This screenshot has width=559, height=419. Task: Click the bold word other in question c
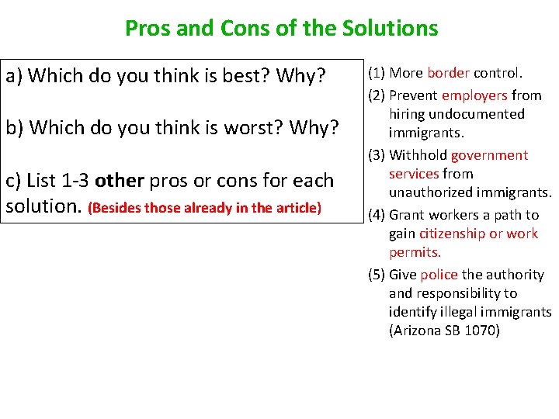[119, 181]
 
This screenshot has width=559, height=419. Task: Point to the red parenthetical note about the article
[205, 208]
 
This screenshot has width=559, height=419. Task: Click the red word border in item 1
[448, 73]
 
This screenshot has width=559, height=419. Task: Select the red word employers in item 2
[474, 95]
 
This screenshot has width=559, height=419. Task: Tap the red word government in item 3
[489, 155]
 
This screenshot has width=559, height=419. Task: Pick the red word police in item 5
[439, 275]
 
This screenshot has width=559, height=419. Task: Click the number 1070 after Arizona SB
[484, 331]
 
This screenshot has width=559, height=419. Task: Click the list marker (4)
[377, 215]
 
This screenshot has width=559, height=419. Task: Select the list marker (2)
[377, 95]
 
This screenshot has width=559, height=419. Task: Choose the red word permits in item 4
[415, 252]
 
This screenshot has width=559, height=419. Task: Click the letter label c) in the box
[14, 181]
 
